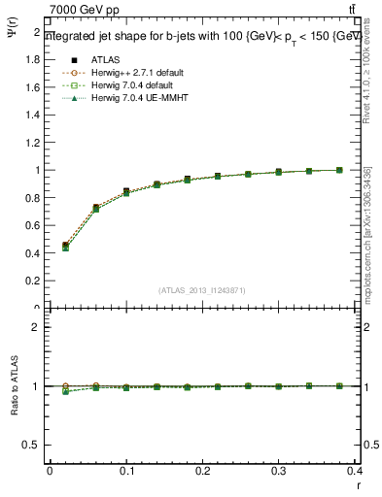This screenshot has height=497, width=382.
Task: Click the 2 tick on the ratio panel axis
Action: click(38, 327)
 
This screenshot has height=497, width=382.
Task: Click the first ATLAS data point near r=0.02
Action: click(65, 246)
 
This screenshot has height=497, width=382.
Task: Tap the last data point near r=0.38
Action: click(339, 170)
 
